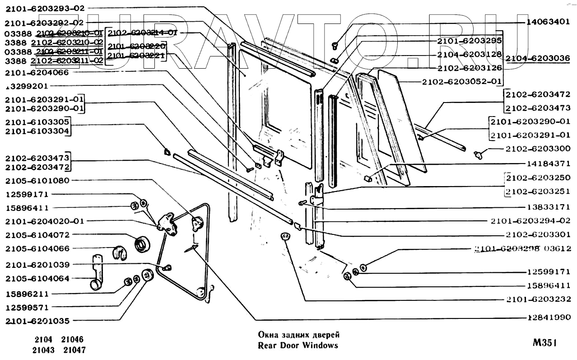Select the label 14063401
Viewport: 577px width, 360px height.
548,21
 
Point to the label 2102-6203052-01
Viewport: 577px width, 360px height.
462,82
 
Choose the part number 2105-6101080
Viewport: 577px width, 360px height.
37,181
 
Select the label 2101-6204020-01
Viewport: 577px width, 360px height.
44,221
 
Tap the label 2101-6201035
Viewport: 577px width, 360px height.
37,321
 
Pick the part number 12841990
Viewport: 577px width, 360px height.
549,318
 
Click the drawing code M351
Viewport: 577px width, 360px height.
544,343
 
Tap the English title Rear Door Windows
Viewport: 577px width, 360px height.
298,346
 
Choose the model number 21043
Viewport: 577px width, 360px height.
43,350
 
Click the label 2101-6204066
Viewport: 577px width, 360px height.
37,72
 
